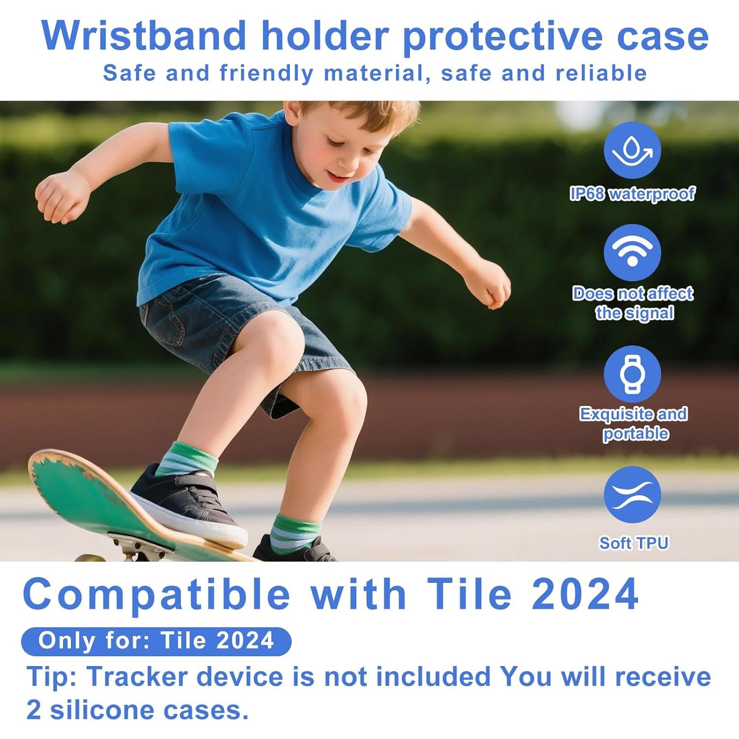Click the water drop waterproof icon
pyautogui.click(x=632, y=150)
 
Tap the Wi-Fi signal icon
pyautogui.click(x=632, y=253)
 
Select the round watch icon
pyautogui.click(x=632, y=374)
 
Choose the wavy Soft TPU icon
pyautogui.click(x=632, y=495)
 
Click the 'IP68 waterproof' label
pyautogui.click(x=632, y=194)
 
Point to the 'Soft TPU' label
pyautogui.click(x=634, y=543)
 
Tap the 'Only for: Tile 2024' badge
pyautogui.click(x=156, y=641)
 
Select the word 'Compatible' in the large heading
pyautogui.click(x=157, y=594)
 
